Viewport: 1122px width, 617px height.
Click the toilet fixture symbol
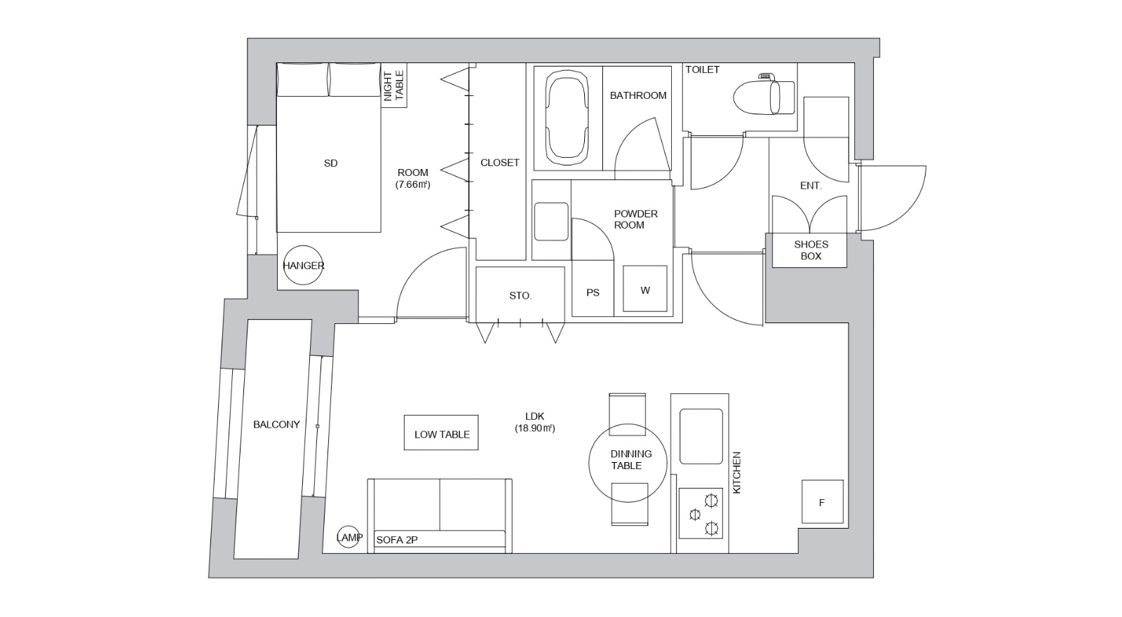click(x=764, y=95)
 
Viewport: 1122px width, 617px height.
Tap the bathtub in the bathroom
click(x=567, y=117)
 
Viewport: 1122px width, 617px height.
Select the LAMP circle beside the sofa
click(x=348, y=537)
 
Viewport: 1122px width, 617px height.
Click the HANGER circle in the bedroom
click(x=303, y=265)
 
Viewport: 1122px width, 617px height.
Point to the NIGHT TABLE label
click(x=393, y=86)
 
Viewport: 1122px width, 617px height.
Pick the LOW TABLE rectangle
click(x=441, y=433)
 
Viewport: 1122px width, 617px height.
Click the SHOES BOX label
click(x=811, y=250)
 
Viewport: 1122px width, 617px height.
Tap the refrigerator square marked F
click(x=823, y=502)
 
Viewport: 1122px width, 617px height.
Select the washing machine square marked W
click(x=645, y=289)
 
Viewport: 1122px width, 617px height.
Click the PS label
click(x=593, y=292)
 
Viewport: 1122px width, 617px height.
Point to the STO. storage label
click(x=520, y=296)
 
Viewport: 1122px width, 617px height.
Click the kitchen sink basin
click(x=701, y=436)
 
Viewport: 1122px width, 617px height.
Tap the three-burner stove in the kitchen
click(x=701, y=513)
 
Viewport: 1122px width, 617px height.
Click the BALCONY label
click(x=276, y=425)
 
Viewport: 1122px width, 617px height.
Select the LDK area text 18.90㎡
click(x=535, y=428)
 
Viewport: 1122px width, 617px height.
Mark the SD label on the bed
click(x=330, y=163)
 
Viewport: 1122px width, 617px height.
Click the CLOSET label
click(x=500, y=163)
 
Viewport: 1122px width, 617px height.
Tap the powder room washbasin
click(x=551, y=222)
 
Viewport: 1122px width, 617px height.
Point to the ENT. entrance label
click(x=811, y=186)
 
